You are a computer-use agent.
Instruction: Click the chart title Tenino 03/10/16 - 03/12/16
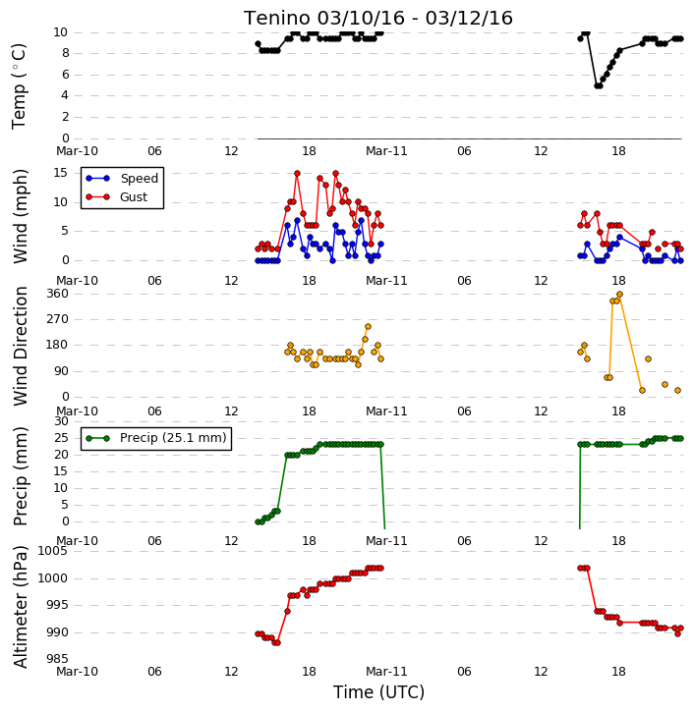pyautogui.click(x=378, y=18)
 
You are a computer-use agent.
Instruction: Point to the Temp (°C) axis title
pyautogui.click(x=19, y=86)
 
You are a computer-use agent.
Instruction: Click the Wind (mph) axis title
pyautogui.click(x=20, y=216)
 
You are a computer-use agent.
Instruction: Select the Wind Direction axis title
pyautogui.click(x=20, y=346)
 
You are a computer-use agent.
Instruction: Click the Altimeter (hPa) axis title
pyautogui.click(x=20, y=607)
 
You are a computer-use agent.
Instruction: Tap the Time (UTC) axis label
pyautogui.click(x=378, y=692)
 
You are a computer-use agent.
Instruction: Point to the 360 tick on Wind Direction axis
pyautogui.click(x=57, y=294)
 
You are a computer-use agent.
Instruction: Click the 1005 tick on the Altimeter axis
pyautogui.click(x=52, y=551)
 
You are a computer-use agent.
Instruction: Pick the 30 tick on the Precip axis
pyautogui.click(x=61, y=421)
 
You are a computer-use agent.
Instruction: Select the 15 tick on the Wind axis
pyautogui.click(x=60, y=173)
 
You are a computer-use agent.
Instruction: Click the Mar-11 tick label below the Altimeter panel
pyautogui.click(x=386, y=672)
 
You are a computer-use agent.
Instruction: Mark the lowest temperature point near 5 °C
pyautogui.click(x=598, y=85)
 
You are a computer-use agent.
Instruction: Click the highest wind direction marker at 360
pyautogui.click(x=619, y=295)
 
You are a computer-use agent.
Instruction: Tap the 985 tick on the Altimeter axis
pyautogui.click(x=57, y=658)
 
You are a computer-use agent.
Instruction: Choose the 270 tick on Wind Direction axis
pyautogui.click(x=57, y=319)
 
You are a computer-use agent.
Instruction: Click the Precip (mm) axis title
pyautogui.click(x=20, y=476)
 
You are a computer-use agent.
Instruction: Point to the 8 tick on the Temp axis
pyautogui.click(x=66, y=53)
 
